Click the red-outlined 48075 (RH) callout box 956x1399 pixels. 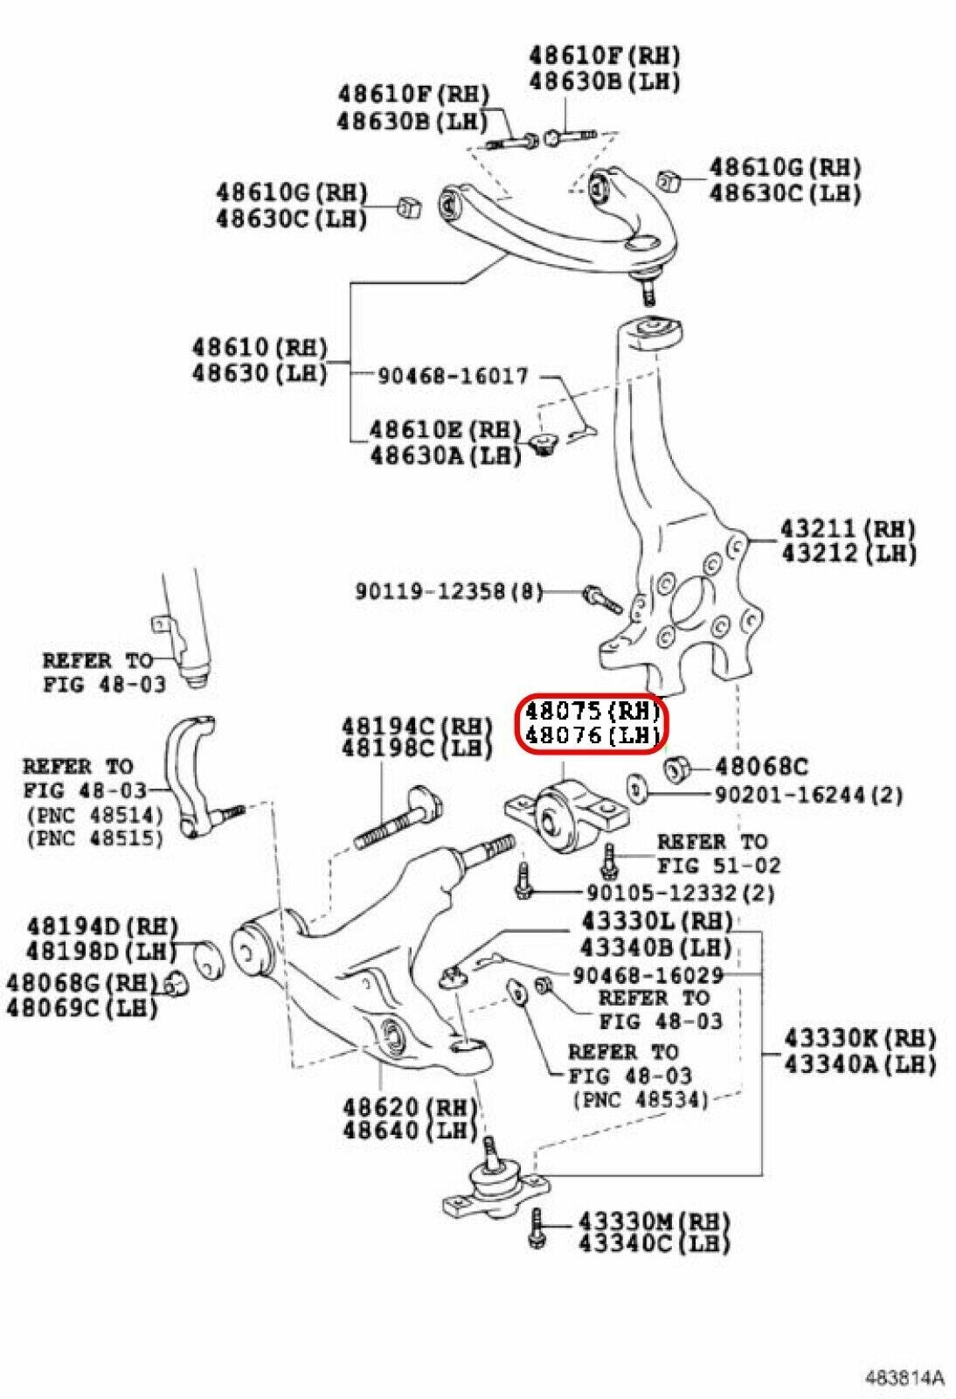592,722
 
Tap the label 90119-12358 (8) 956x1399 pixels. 448,592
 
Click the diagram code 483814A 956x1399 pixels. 905,1378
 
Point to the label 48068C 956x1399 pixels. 761,767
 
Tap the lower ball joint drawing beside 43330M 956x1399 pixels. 495,1187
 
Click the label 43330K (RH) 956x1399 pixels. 859,1039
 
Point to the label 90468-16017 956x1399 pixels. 453,376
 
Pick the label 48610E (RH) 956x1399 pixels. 444,429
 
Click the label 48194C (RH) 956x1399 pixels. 416,725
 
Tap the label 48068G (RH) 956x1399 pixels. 81,982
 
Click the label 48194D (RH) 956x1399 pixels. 101,925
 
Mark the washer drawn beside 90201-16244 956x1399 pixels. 637,785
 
